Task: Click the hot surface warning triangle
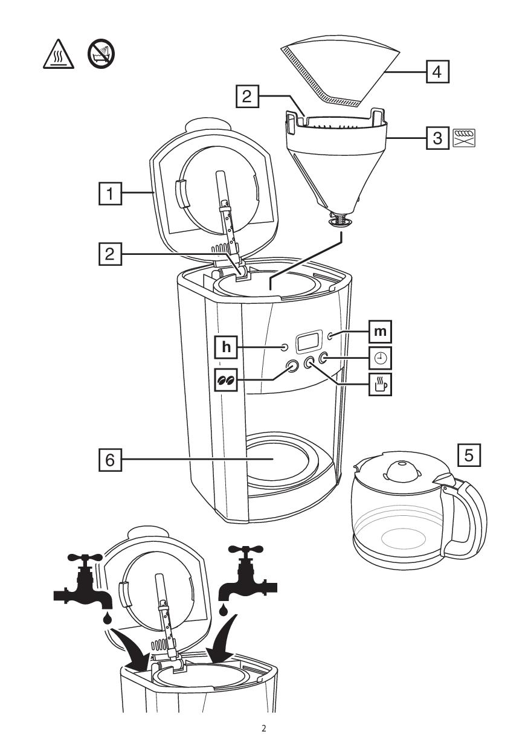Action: coord(59,54)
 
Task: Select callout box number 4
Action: coord(437,71)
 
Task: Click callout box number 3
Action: coord(437,138)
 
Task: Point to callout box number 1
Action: coord(110,193)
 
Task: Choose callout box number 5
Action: coord(469,455)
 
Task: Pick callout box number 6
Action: coord(110,460)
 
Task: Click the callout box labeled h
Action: coord(226,347)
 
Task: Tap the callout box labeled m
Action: coord(380,332)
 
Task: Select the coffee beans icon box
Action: coord(226,379)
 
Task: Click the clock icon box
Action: coord(380,358)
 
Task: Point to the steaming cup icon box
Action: coord(380,385)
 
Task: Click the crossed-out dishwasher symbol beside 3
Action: coord(464,138)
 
